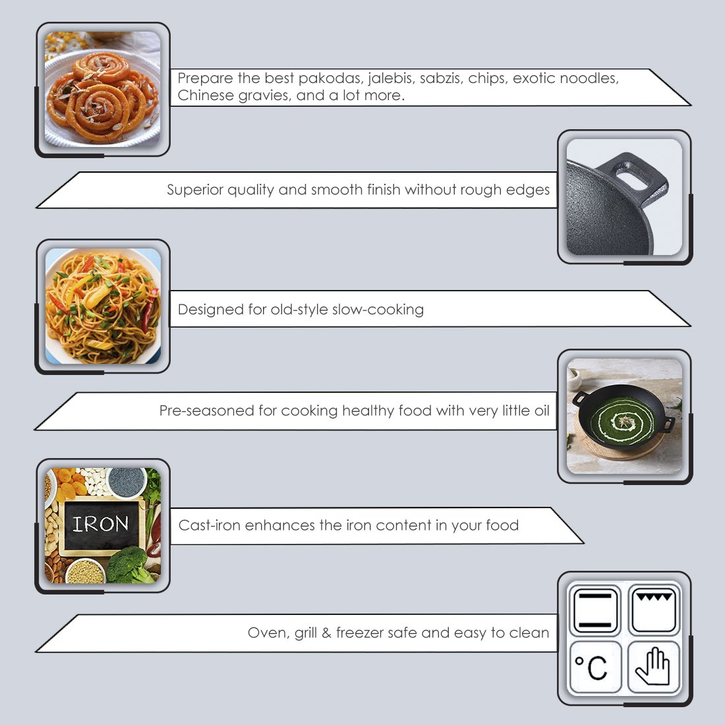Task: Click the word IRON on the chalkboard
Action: (101, 524)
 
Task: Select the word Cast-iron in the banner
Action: (210, 525)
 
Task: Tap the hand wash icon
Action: (653, 667)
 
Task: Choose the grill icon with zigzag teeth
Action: (653, 609)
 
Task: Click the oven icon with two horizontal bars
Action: (594, 609)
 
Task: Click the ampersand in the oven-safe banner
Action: (326, 633)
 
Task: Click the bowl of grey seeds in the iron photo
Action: (127, 482)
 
